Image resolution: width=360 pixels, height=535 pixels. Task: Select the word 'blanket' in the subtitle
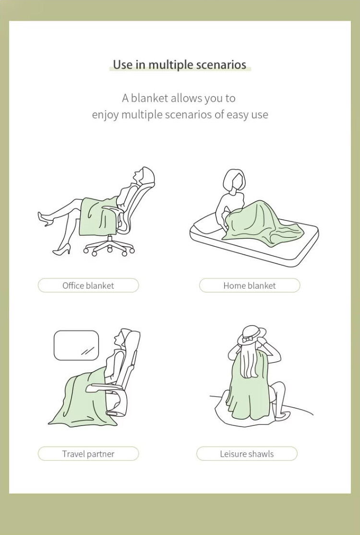pos(149,98)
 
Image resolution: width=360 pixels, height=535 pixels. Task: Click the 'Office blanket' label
pos(88,285)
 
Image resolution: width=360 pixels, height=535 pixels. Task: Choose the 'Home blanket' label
pos(250,285)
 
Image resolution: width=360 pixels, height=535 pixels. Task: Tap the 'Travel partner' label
pos(88,454)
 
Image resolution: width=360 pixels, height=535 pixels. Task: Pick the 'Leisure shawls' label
pos(247,454)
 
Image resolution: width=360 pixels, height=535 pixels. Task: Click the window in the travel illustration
pos(76,345)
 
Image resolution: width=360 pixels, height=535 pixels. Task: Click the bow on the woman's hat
pos(248,339)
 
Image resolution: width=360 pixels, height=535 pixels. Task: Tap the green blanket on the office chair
pos(97,217)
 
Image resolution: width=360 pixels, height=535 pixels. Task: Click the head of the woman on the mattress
pos(234,180)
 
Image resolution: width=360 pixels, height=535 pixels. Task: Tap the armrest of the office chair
pos(111,209)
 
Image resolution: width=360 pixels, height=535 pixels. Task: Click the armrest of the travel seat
pos(102,387)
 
